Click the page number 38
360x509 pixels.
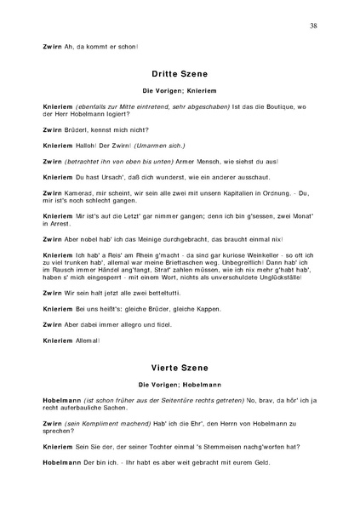[314, 26]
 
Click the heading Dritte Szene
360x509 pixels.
[180, 74]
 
